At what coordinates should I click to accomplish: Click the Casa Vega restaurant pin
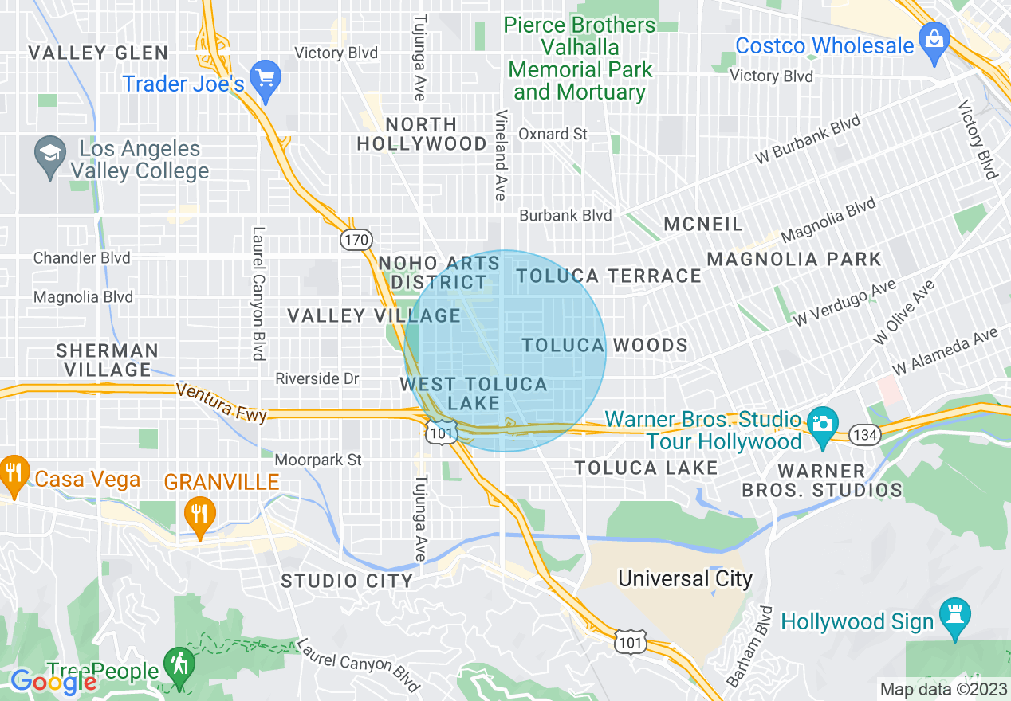(13, 472)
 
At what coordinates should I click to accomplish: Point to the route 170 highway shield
(355, 239)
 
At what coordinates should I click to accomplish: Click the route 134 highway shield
(864, 434)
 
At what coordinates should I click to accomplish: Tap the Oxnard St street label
(553, 134)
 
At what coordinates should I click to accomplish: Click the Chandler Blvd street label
(81, 258)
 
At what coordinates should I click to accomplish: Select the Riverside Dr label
(317, 378)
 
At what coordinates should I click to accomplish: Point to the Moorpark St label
(318, 460)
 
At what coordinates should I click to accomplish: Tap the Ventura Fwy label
(221, 402)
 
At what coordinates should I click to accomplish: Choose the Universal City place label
(685, 578)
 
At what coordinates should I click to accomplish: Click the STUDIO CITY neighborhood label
(347, 581)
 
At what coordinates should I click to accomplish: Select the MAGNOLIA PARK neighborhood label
(793, 259)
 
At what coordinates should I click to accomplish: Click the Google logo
(53, 681)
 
